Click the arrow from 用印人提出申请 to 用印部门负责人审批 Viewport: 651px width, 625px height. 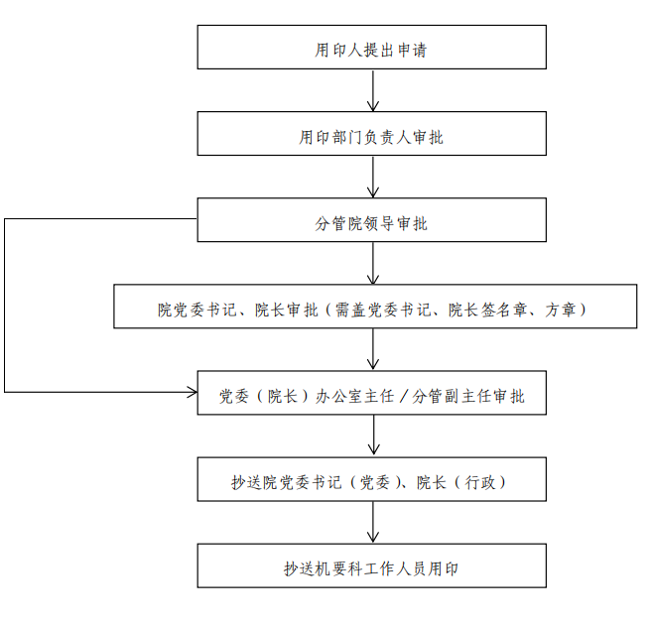click(373, 90)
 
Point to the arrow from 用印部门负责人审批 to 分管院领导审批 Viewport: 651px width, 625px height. click(373, 177)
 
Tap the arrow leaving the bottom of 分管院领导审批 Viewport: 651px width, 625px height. click(373, 263)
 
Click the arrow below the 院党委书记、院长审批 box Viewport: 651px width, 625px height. click(373, 349)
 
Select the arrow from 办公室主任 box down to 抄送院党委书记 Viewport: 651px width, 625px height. click(374, 436)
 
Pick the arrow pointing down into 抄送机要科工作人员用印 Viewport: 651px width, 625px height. click(373, 522)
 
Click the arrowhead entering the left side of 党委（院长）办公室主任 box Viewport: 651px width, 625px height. click(193, 392)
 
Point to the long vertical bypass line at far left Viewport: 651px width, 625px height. click(5, 305)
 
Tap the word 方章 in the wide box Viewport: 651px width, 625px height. click(561, 310)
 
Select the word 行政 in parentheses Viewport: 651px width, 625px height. click(480, 483)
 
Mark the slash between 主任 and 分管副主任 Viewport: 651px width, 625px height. click(403, 397)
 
